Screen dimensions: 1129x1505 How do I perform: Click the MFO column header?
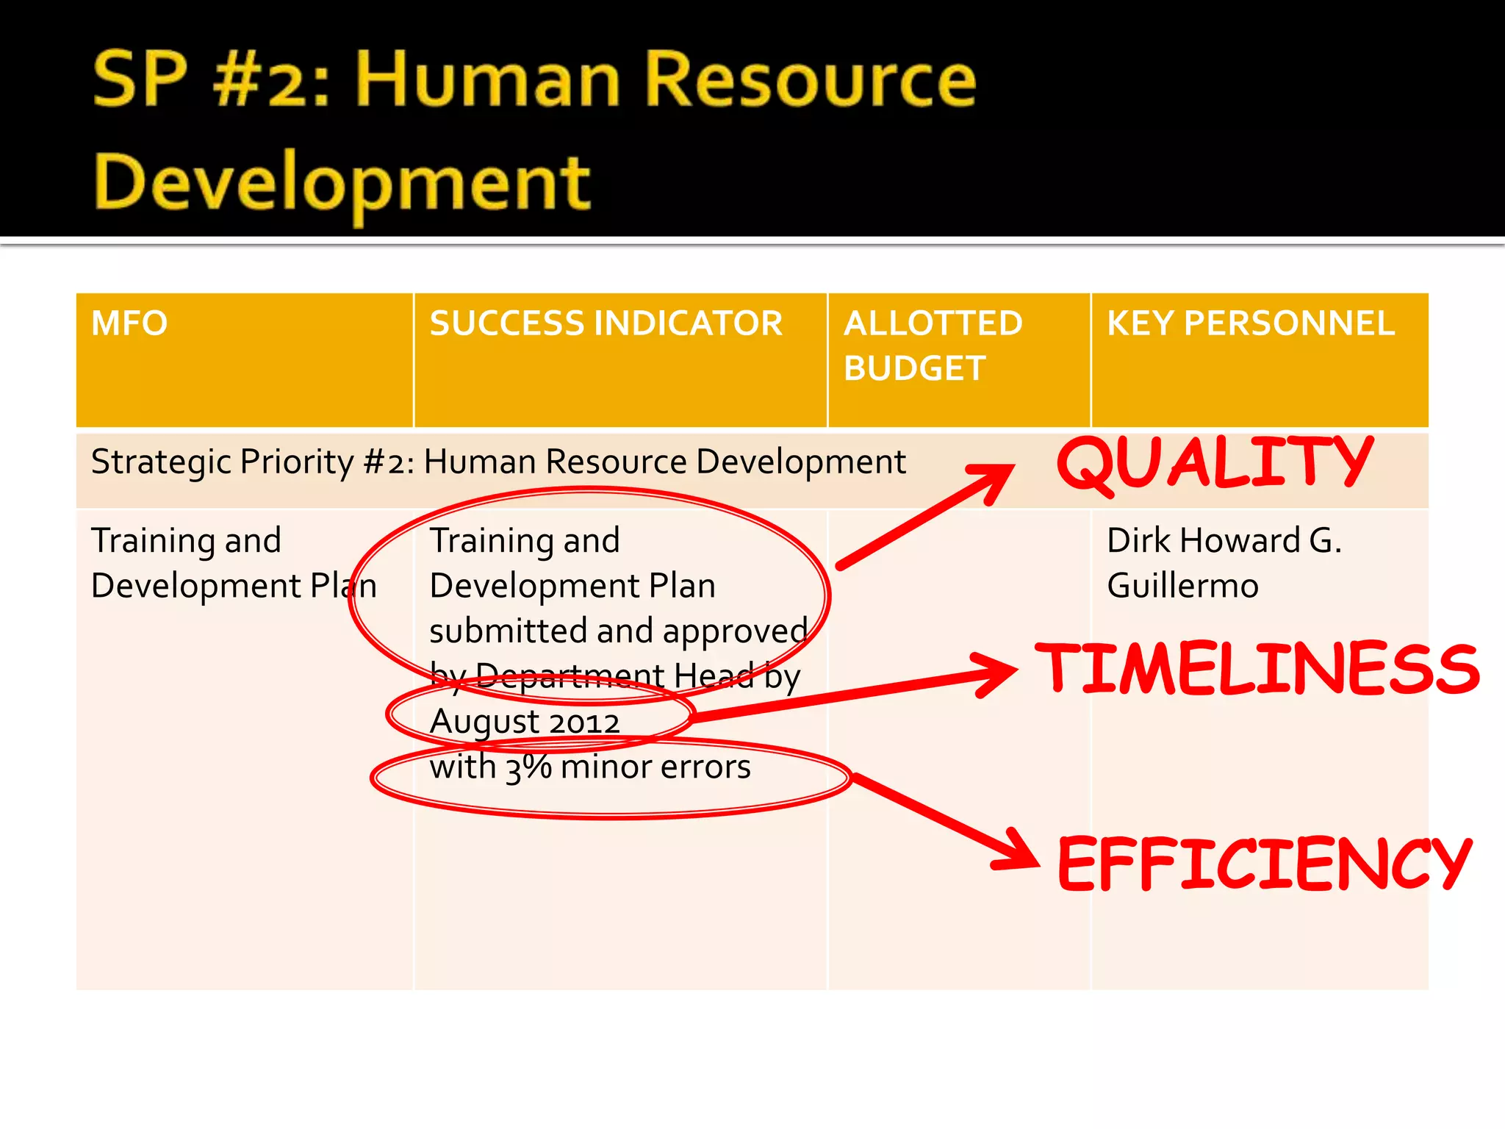click(x=129, y=323)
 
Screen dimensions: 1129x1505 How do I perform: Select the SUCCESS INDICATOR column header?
click(x=606, y=323)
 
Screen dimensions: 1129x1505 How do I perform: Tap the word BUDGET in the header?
click(x=914, y=368)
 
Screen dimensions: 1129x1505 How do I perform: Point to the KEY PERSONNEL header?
click(x=1251, y=323)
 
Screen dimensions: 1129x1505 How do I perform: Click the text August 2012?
click(x=525, y=722)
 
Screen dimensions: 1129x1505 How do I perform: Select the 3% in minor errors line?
click(x=528, y=767)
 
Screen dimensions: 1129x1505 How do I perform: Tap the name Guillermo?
click(x=1182, y=587)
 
